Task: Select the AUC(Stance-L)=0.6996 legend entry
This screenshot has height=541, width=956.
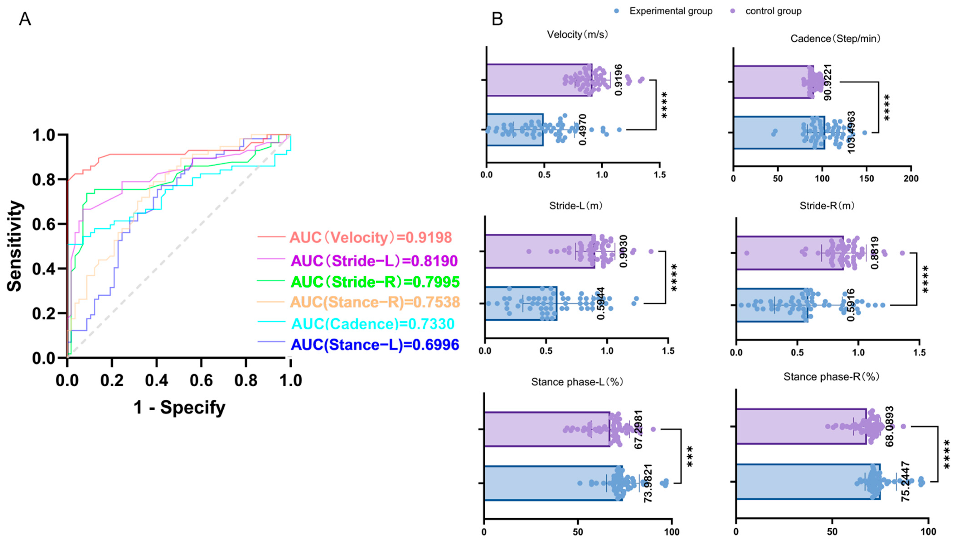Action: click(374, 345)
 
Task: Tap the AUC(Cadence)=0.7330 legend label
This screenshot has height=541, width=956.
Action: click(373, 324)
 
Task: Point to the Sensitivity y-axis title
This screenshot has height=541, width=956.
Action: click(15, 246)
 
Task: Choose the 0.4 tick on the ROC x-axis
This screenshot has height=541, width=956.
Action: click(157, 381)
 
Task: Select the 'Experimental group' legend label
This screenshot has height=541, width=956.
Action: click(670, 11)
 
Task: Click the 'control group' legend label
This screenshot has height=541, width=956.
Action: click(773, 11)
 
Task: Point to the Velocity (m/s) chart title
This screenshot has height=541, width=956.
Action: click(577, 35)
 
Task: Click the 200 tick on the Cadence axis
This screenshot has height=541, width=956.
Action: click(911, 179)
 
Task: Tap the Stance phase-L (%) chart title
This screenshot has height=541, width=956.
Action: click(577, 382)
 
